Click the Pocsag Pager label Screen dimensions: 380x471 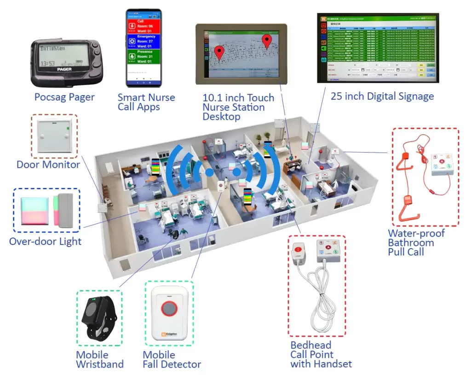click(64, 97)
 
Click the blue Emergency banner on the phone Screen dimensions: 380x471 click(144, 41)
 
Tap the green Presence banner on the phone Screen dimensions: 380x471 click(144, 57)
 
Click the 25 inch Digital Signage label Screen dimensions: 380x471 click(382, 96)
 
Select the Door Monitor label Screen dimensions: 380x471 click(48, 164)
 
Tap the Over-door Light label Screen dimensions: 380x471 click(45, 241)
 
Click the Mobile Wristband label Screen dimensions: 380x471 click(99, 359)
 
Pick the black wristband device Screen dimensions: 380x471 click(98, 317)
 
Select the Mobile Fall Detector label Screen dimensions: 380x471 click(172, 360)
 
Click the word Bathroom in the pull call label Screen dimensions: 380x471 click(411, 243)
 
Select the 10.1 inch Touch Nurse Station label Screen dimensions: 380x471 click(238, 107)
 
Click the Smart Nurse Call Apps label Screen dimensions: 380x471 click(146, 102)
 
